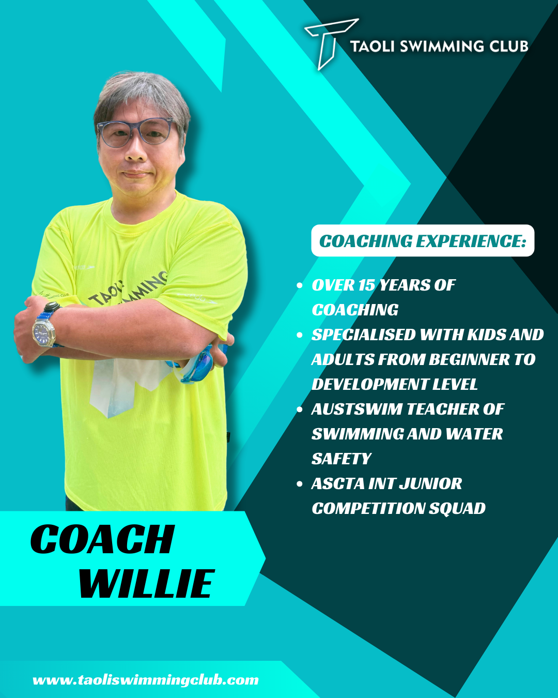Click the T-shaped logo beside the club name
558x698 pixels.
point(327,42)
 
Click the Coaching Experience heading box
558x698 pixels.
point(423,240)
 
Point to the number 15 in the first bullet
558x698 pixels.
point(366,285)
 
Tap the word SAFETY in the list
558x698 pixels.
point(342,459)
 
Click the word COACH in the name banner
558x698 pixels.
point(103,539)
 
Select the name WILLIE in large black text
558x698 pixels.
point(147,584)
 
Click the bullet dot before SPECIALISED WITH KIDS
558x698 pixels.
point(300,335)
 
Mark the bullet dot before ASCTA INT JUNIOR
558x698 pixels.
point(300,484)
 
